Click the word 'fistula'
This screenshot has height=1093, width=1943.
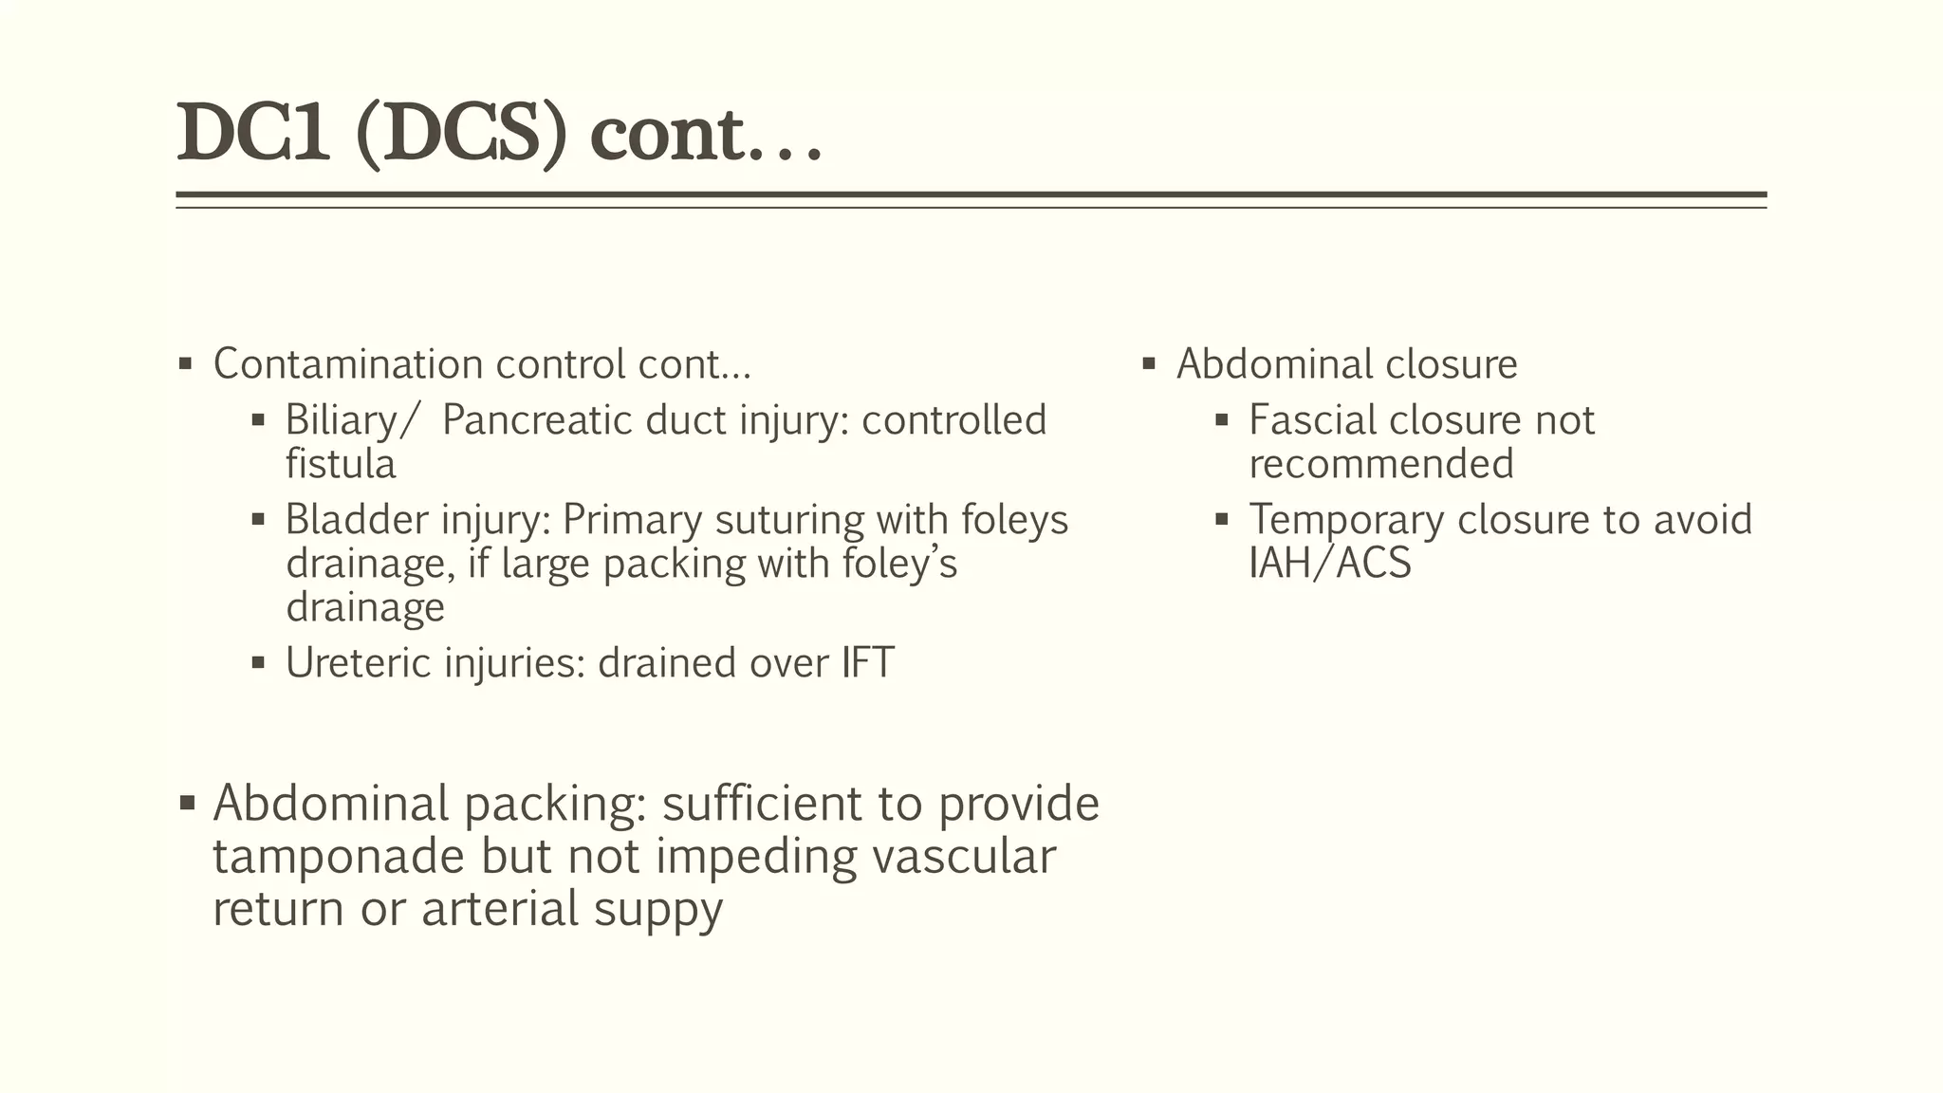point(341,464)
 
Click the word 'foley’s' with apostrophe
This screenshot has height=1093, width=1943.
point(899,564)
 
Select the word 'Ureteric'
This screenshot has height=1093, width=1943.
point(358,663)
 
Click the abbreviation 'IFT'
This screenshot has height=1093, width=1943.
point(867,663)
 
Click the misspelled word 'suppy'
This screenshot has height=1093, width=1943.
point(658,909)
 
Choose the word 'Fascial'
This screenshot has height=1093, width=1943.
point(1312,420)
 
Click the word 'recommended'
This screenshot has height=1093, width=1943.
point(1381,464)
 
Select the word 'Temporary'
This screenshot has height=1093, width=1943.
point(1345,520)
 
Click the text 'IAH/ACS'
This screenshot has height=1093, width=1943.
point(1330,564)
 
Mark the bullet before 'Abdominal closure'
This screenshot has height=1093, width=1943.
point(1149,363)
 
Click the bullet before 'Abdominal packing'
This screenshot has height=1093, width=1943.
point(187,804)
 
